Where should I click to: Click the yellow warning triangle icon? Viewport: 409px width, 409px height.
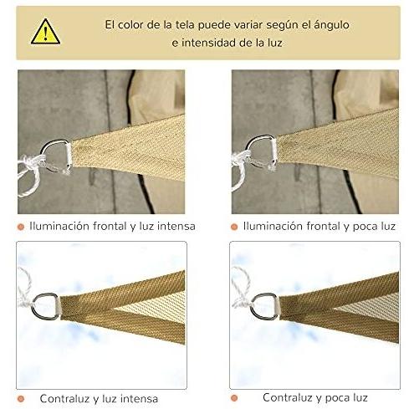pyautogui.click(x=45, y=32)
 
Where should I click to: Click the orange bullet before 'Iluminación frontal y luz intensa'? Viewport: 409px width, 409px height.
pyautogui.click(x=21, y=227)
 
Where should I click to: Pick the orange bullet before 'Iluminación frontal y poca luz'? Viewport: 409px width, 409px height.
pyautogui.click(x=234, y=227)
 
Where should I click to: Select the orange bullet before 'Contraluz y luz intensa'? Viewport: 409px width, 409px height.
pyautogui.click(x=21, y=399)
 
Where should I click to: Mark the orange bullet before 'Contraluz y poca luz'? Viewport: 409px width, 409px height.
pyautogui.click(x=234, y=398)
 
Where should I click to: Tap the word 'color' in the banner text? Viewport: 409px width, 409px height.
pyautogui.click(x=130, y=25)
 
